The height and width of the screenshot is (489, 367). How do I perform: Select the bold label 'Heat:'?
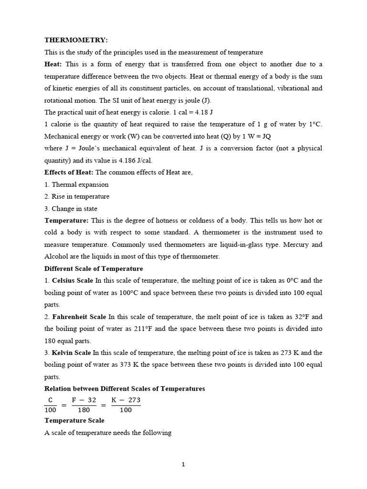[54, 64]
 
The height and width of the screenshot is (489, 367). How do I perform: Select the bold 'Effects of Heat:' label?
[69, 172]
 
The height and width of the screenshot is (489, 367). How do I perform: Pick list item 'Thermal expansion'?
[80, 184]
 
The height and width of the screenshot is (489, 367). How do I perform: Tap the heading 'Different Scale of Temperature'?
[94, 268]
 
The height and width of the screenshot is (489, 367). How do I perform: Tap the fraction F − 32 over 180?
[84, 405]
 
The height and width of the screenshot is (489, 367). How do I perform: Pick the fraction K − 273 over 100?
[126, 405]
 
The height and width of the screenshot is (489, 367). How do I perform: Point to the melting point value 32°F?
[303, 317]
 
